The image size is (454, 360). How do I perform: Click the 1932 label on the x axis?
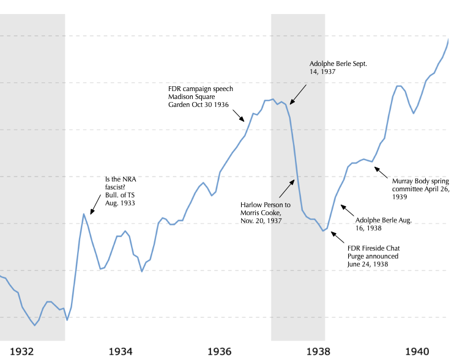(21, 352)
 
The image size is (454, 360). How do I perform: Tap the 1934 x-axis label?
(121, 352)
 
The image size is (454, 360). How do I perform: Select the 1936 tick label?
(220, 352)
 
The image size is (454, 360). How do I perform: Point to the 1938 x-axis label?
(319, 352)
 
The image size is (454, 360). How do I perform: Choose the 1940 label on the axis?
(417, 352)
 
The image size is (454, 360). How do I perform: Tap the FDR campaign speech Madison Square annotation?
(200, 97)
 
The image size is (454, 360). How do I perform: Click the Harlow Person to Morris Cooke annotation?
(266, 212)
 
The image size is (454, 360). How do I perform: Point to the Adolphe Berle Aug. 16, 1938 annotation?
(384, 223)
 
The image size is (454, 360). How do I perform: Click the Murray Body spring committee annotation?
(420, 189)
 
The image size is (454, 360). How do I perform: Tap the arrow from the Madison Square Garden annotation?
(239, 115)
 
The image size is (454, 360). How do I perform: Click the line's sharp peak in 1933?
(84, 214)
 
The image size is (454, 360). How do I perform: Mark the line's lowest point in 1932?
(35, 325)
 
